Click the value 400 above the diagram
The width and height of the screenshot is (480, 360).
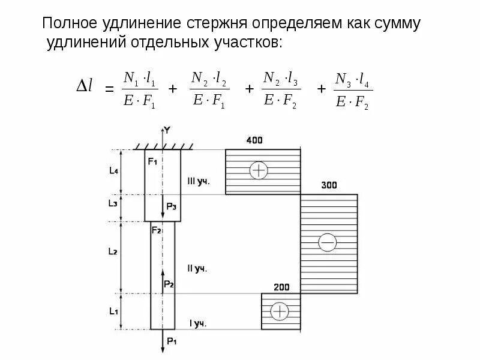255,140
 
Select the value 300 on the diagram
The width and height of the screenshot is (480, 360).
329,185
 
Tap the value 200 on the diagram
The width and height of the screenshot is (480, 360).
281,286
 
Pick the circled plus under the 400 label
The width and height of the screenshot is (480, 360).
259,171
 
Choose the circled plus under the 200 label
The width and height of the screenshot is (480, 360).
280,311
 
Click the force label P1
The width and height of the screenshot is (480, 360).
172,341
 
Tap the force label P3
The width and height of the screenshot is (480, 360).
172,206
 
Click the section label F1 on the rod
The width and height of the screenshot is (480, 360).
152,161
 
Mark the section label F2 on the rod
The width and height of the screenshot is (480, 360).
156,230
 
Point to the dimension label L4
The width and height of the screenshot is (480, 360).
113,171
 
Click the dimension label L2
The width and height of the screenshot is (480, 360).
112,252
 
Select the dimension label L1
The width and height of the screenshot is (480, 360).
113,311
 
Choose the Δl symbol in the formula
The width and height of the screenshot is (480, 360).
84,87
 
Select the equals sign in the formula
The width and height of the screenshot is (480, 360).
109,89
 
